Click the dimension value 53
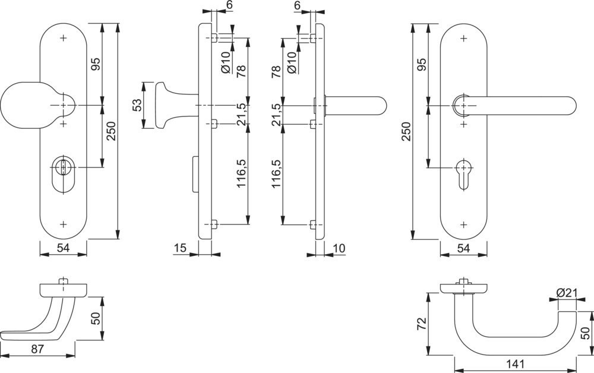(x=138, y=105)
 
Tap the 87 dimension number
(x=37, y=349)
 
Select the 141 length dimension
(x=515, y=364)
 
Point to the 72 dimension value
(x=422, y=324)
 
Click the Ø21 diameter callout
(x=567, y=292)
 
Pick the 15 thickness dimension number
(x=181, y=248)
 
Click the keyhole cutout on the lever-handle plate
(x=463, y=174)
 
